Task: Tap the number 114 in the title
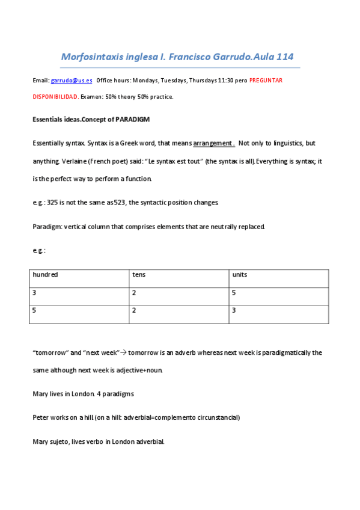click(283, 57)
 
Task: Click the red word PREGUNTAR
click(266, 80)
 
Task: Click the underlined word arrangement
click(213, 143)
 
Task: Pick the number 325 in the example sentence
click(53, 203)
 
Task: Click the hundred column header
click(46, 275)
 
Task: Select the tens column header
click(139, 275)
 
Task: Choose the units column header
click(239, 275)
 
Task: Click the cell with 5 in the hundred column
click(35, 310)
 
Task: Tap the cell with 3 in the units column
click(234, 310)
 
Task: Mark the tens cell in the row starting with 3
click(135, 292)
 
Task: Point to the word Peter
click(41, 417)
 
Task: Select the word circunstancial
click(219, 417)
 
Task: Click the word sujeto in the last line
click(58, 441)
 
